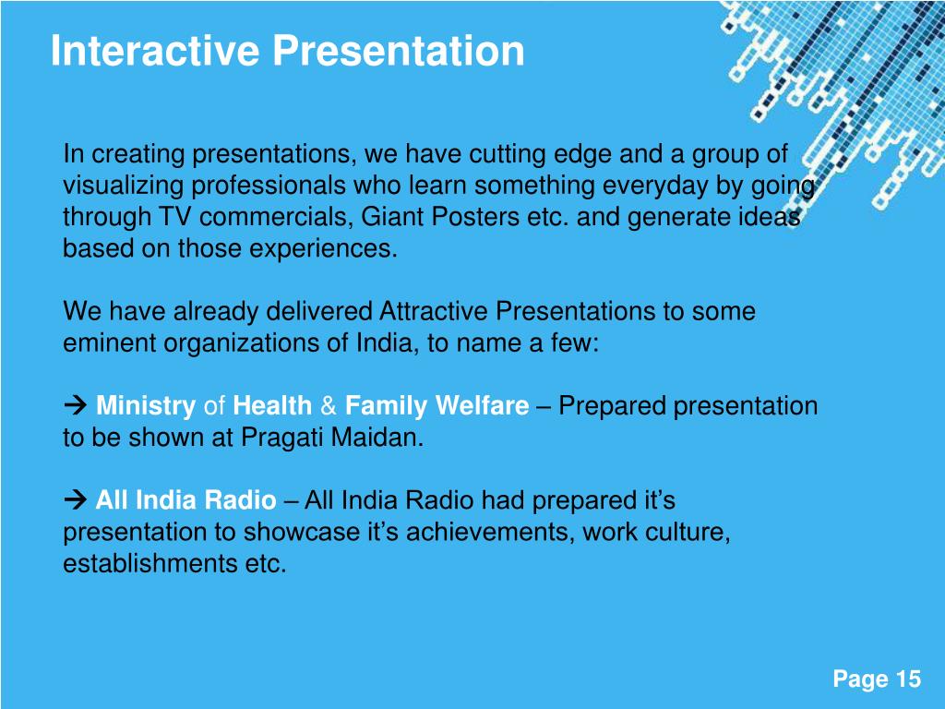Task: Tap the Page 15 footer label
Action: [x=877, y=679]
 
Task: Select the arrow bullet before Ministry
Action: [x=76, y=405]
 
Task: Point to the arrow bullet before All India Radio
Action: [x=76, y=499]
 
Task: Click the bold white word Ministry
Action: [x=146, y=406]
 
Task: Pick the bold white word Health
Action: [x=272, y=405]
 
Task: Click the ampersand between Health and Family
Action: [x=329, y=405]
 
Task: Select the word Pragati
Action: [x=282, y=438]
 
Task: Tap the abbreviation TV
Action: [x=174, y=216]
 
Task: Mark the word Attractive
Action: [x=434, y=311]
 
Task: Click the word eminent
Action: [x=109, y=343]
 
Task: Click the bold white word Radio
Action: [x=240, y=499]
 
